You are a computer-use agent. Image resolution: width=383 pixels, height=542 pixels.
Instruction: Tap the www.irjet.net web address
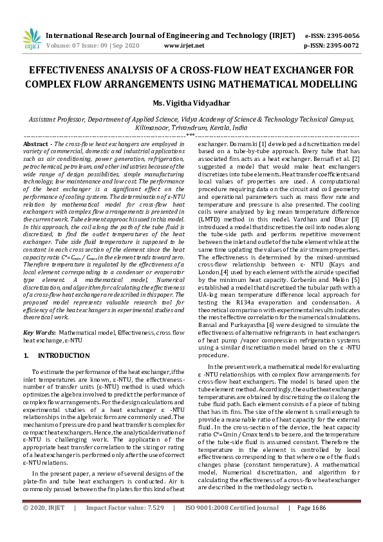[x=184, y=46]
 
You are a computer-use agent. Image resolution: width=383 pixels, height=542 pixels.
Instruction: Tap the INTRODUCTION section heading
[x=64, y=355]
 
